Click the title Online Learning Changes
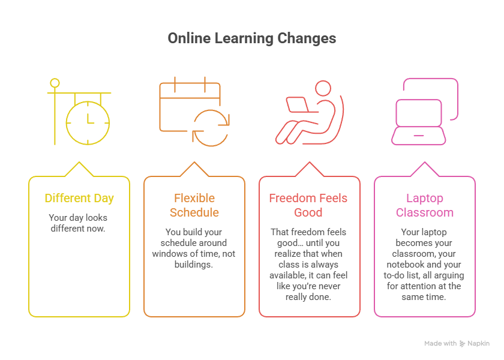tap(252, 38)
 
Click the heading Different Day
tap(79, 199)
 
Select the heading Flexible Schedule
tap(194, 205)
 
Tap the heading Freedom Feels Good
tap(309, 205)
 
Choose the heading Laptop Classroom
tap(425, 205)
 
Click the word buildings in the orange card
tap(194, 265)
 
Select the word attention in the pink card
tap(422, 286)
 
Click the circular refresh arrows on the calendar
tap(211, 127)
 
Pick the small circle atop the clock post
tap(55, 83)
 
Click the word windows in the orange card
tap(170, 254)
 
